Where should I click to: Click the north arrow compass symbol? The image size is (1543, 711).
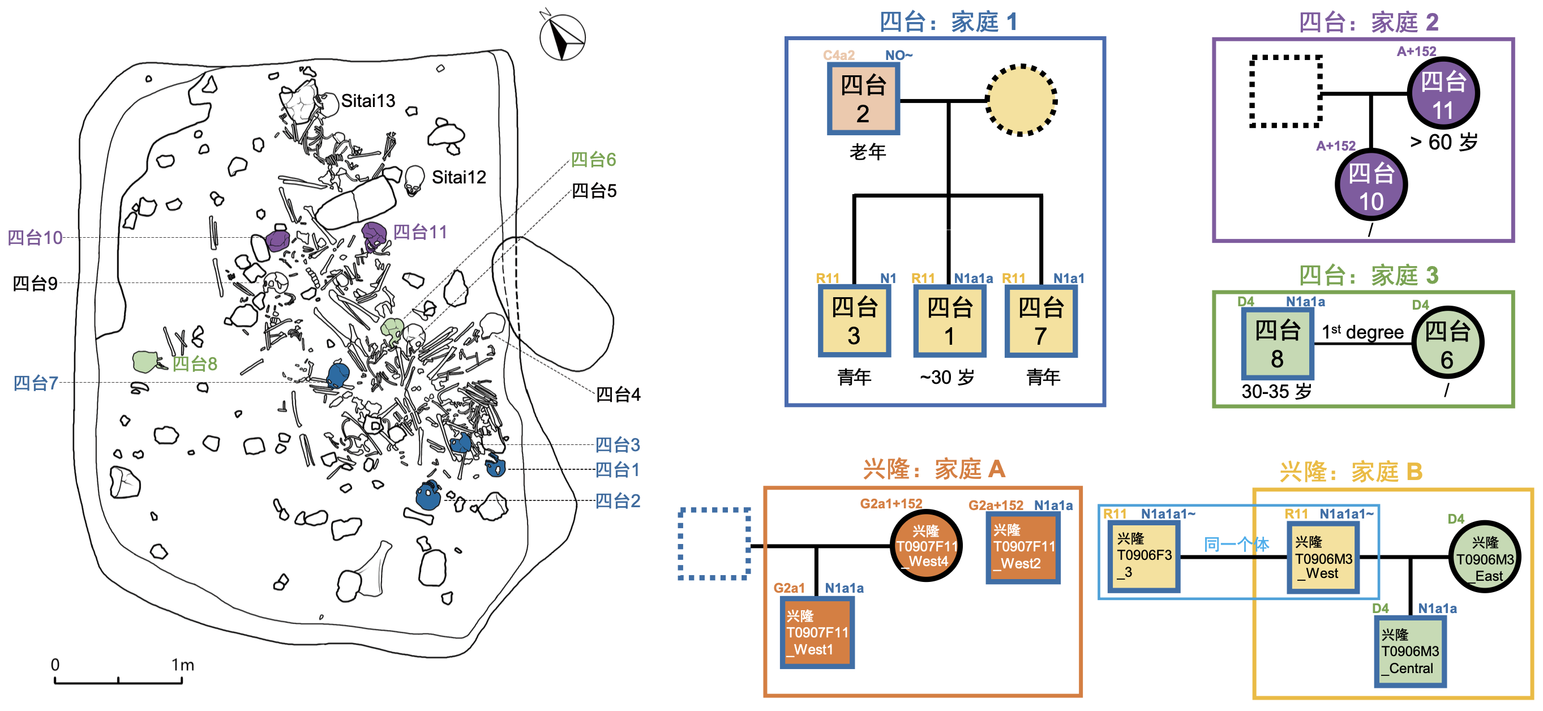coord(562,38)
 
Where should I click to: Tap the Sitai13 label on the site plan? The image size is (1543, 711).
coord(368,101)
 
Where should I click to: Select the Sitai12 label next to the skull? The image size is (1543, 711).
coord(458,177)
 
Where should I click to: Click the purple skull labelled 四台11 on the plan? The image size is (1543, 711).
coord(374,235)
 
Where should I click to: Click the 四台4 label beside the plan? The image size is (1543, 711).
coord(618,394)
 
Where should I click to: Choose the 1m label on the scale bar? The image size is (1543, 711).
coord(183,665)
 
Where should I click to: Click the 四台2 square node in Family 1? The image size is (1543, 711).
coord(863,99)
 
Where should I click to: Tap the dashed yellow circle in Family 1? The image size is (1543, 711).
coord(1021,100)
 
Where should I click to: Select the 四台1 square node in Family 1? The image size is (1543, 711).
coord(949,321)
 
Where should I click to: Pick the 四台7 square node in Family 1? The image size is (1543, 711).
coord(1041,321)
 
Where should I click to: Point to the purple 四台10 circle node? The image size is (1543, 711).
coord(1371,185)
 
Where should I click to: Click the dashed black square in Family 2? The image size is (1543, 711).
coord(1286,92)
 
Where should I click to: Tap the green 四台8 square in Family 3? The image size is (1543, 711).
coord(1277,342)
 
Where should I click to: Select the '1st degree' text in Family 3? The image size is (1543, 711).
coord(1362,332)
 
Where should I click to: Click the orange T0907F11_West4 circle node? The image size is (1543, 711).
coord(927,546)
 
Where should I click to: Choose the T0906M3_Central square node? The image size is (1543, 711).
coord(1410,651)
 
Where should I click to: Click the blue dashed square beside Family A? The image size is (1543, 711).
coord(714,544)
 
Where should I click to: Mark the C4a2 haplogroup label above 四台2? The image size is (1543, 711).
coord(839,55)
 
